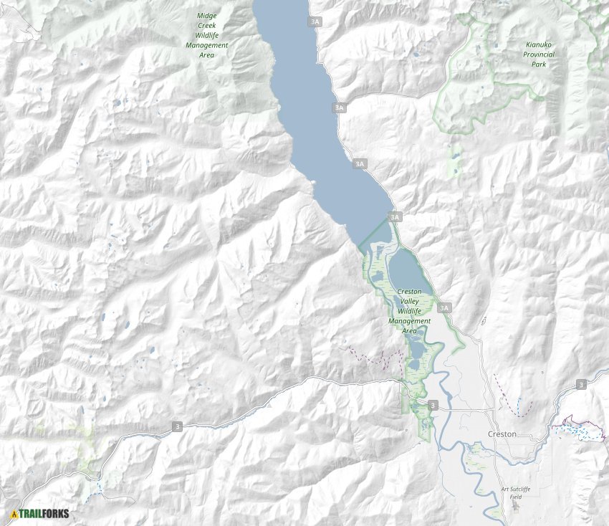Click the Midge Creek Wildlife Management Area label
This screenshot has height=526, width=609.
[207, 34]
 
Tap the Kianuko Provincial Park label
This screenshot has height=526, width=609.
[539, 54]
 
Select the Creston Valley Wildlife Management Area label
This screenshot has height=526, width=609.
[409, 311]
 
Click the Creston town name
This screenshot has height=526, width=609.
[502, 434]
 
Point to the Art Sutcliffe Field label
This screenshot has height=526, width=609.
[516, 492]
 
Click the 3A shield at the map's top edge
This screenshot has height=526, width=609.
[315, 22]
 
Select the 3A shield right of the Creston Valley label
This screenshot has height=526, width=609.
[444, 308]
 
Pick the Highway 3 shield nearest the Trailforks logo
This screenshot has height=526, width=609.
[177, 426]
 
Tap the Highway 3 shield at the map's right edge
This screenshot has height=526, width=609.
[580, 385]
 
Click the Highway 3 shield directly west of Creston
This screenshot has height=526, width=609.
[433, 406]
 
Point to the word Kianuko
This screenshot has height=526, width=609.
[539, 44]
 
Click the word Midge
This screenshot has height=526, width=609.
[207, 14]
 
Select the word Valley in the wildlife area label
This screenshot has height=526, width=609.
[409, 302]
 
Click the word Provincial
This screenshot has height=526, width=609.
[539, 54]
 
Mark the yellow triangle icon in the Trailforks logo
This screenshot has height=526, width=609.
[14, 513]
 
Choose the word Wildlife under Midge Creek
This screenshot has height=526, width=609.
[207, 34]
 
